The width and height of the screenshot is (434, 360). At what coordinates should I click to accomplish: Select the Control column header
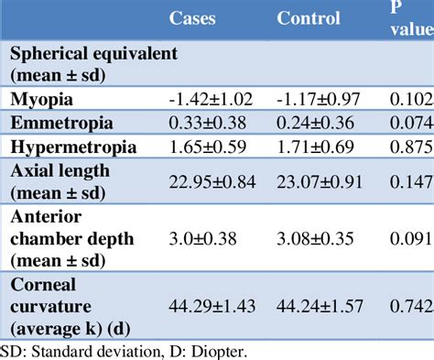click(x=308, y=17)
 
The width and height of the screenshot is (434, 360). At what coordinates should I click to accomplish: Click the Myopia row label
click(x=43, y=99)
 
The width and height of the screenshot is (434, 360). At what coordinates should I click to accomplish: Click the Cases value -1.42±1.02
click(x=211, y=99)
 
